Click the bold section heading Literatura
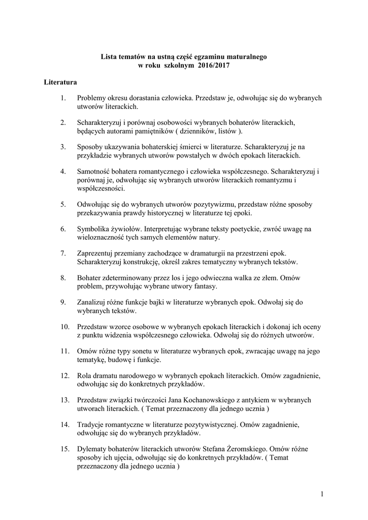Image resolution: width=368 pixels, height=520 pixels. click(x=60, y=81)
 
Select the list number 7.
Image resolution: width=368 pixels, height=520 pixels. click(x=63, y=252)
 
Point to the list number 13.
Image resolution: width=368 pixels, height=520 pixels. click(x=64, y=400)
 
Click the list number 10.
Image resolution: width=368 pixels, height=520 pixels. click(x=64, y=326)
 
